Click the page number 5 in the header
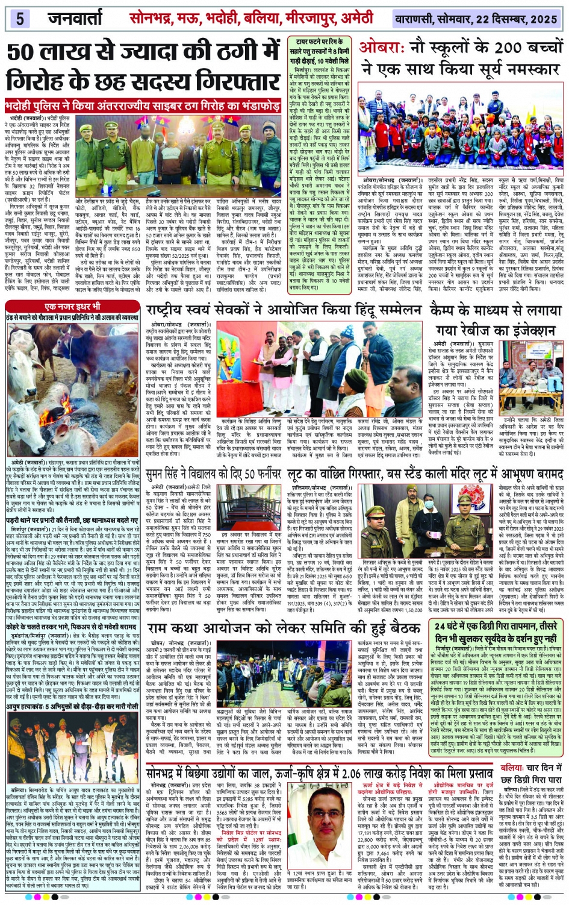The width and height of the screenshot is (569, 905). (20, 19)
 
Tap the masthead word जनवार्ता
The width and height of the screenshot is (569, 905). (75, 19)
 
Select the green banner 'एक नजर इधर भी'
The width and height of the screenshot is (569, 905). (75, 307)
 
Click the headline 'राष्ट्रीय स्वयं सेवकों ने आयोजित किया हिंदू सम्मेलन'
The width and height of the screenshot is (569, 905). (285, 311)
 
